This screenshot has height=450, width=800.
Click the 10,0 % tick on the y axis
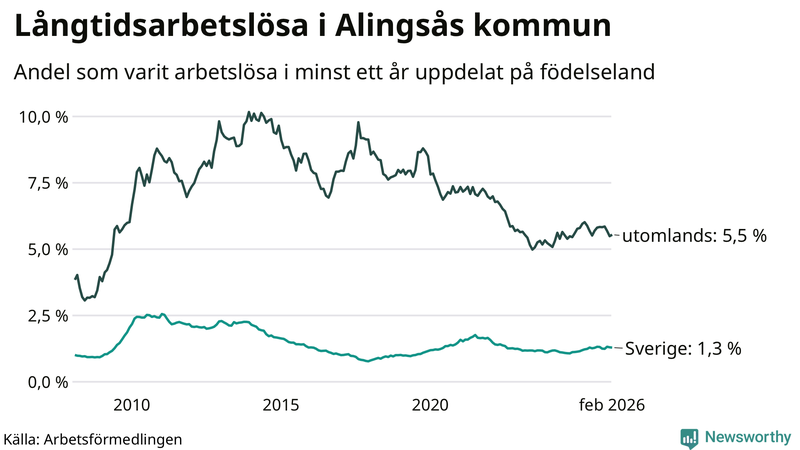[x=43, y=117]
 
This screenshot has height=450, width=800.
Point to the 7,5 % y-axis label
[x=47, y=183]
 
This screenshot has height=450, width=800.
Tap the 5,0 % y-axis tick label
[x=47, y=249]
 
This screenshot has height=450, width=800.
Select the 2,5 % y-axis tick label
[x=47, y=315]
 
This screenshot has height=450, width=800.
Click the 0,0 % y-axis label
[x=47, y=381]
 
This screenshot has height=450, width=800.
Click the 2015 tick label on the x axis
[x=281, y=405]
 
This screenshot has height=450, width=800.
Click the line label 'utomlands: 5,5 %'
[x=694, y=236]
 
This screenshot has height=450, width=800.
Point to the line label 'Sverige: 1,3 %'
[x=683, y=349]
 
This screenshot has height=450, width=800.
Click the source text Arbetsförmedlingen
[x=114, y=439]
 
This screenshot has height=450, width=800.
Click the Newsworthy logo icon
[x=689, y=437]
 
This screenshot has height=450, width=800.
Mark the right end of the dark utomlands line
[x=611, y=235]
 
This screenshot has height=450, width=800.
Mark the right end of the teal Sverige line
[x=611, y=348]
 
